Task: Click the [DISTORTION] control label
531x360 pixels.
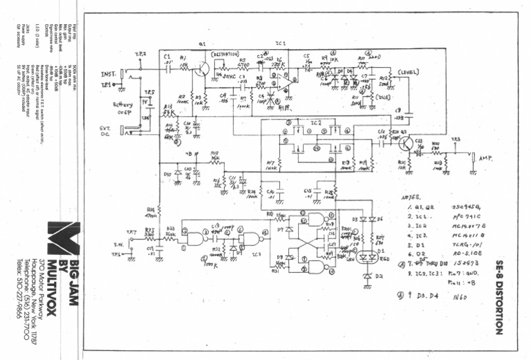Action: pyautogui.click(x=225, y=54)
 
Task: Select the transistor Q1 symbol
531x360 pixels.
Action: pyautogui.click(x=201, y=69)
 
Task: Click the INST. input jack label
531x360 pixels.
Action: pyautogui.click(x=109, y=73)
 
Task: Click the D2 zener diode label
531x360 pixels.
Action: pyautogui.click(x=378, y=276)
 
